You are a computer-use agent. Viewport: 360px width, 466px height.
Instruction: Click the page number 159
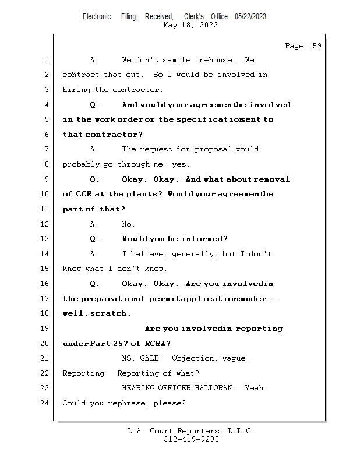coord(314,46)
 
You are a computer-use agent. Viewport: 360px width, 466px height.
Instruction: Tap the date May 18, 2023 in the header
coord(190,25)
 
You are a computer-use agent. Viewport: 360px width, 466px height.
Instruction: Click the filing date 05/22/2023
coord(250,16)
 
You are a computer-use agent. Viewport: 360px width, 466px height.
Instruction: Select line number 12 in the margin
coord(45,224)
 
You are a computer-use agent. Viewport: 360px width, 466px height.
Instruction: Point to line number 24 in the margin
coord(45,403)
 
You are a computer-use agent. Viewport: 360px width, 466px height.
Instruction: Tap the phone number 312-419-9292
coord(190,439)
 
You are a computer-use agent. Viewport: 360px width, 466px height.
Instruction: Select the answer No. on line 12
coord(128,224)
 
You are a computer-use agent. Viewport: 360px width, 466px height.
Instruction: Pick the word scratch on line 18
coord(108,313)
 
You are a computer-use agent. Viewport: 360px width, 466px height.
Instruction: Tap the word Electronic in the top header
coord(97,16)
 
